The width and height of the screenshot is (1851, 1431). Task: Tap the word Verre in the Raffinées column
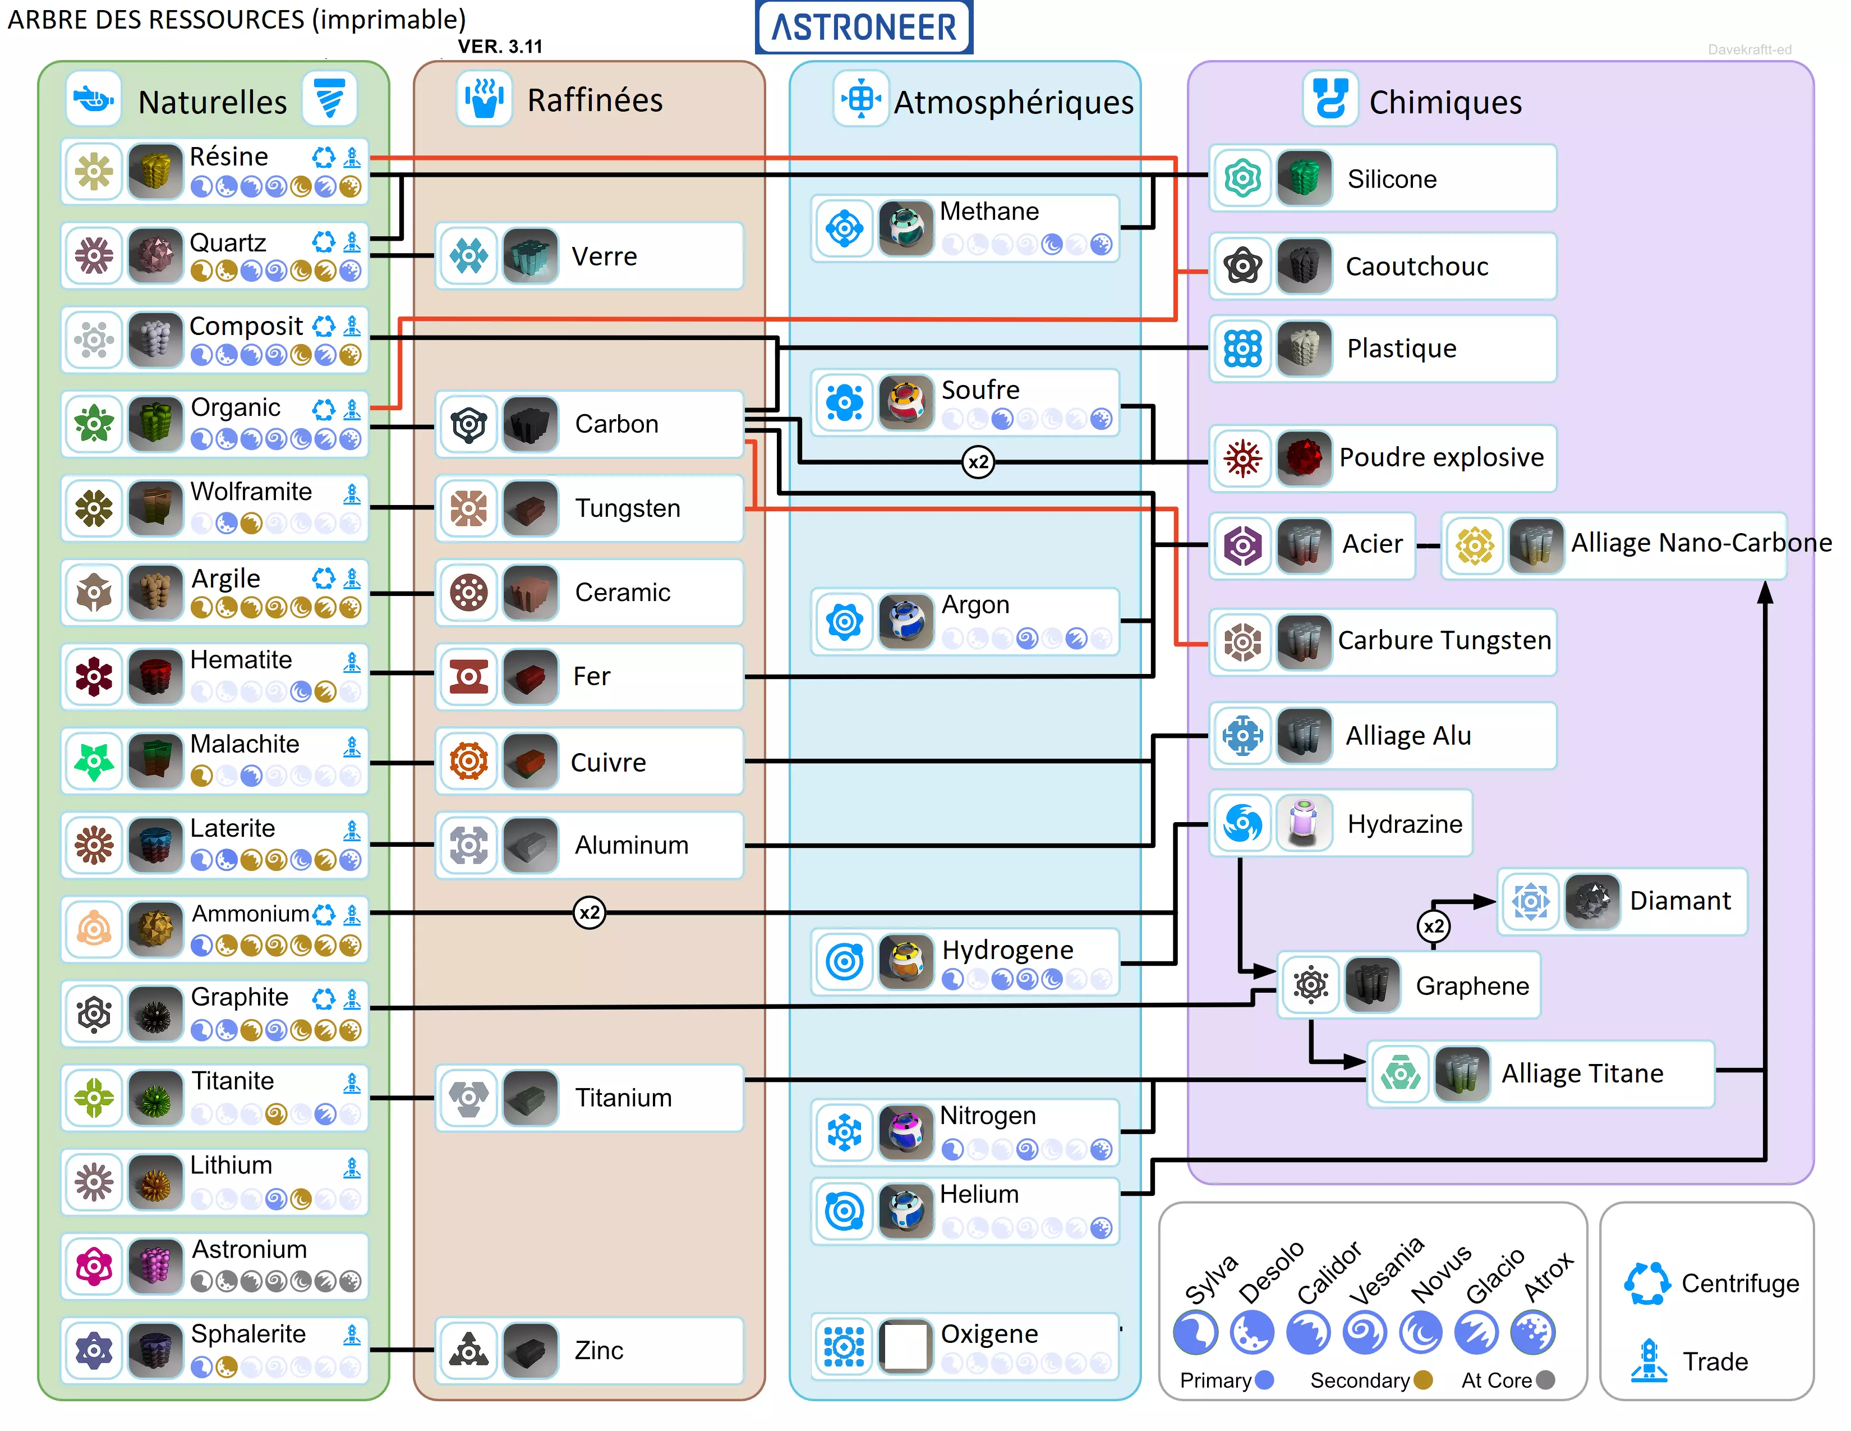604,256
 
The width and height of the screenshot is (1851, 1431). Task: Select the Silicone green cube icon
1304,178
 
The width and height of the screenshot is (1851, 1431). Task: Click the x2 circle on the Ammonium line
589,913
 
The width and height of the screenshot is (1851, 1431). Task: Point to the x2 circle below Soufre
978,462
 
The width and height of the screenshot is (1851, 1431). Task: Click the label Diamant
1680,900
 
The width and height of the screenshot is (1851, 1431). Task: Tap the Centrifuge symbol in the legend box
1647,1283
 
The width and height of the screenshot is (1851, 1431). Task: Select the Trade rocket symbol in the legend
1649,1360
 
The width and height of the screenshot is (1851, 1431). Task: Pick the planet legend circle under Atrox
1533,1333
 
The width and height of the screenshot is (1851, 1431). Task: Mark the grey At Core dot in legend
1546,1380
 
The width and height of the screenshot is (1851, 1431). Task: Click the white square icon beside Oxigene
905,1345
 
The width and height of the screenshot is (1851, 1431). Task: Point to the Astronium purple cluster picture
155,1265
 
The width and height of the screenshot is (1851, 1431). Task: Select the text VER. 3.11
500,47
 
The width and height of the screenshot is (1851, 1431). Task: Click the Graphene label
1472,986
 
